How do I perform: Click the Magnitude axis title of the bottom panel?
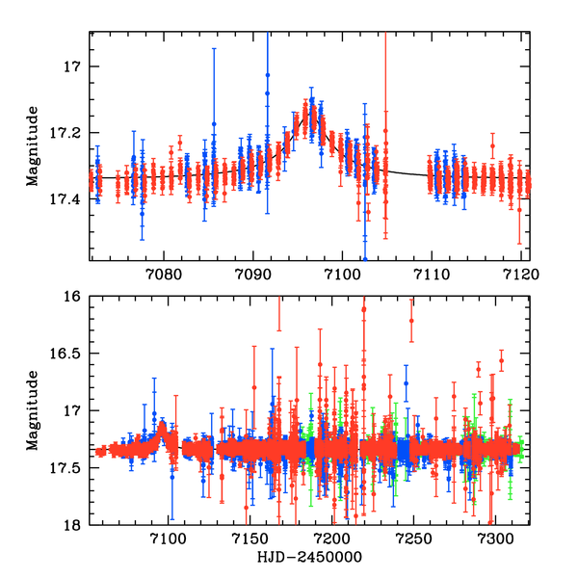(32, 410)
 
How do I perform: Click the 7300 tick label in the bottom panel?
(494, 539)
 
